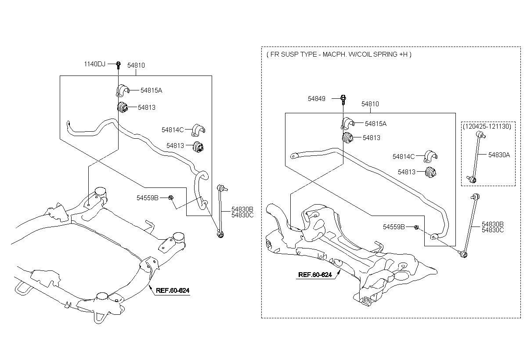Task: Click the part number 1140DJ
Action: point(95,65)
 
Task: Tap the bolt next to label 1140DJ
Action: point(118,65)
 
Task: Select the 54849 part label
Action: point(317,99)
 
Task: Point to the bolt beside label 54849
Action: point(344,99)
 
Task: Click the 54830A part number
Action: point(499,155)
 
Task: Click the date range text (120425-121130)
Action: point(487,126)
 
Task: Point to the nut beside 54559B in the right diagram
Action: point(416,227)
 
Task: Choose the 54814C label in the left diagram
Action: point(173,130)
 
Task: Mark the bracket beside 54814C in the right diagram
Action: point(432,156)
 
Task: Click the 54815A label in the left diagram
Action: point(152,90)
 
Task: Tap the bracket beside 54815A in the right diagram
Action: point(347,123)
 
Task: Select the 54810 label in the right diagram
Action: point(370,104)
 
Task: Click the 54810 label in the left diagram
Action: point(136,65)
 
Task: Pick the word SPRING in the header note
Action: point(383,54)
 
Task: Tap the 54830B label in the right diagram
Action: point(493,224)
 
